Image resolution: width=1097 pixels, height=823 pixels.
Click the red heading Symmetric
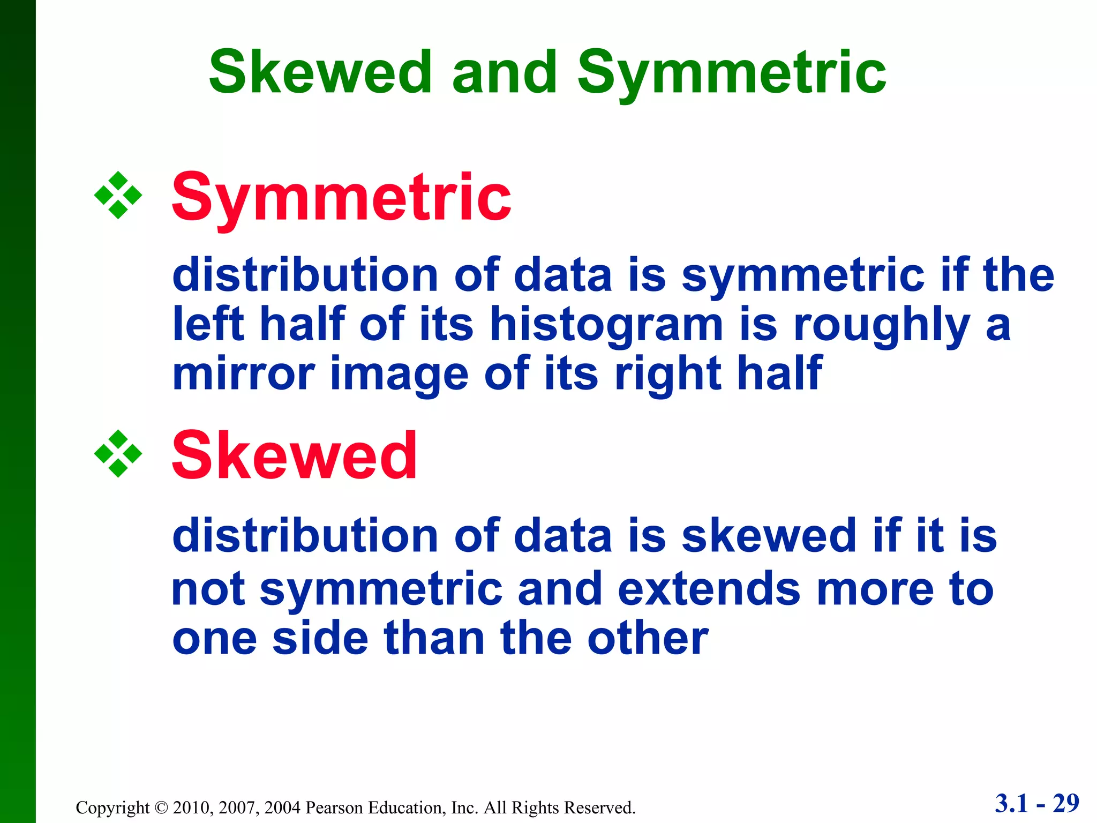click(x=341, y=198)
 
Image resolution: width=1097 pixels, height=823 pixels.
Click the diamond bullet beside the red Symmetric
click(x=118, y=196)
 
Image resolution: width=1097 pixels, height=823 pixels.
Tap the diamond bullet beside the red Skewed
click(x=118, y=454)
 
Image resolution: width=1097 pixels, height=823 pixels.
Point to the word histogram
click(x=606, y=325)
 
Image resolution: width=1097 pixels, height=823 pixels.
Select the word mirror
click(x=243, y=373)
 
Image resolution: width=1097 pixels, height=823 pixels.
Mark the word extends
click(x=709, y=589)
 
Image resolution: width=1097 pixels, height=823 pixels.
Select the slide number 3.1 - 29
click(x=1037, y=803)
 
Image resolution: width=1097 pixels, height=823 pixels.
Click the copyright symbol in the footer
click(x=161, y=807)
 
